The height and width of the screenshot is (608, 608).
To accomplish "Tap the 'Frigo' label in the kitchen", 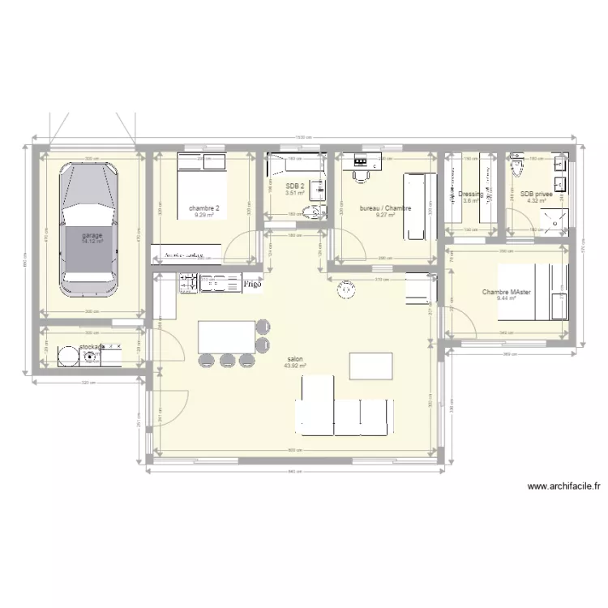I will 252,285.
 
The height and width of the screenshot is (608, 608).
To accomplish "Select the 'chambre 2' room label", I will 204,208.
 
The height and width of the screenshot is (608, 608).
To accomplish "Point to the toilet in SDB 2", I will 310,213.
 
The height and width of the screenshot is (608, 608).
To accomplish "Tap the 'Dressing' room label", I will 470,195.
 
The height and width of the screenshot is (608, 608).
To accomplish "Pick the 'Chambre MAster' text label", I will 507,293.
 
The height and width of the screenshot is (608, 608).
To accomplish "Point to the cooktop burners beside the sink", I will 188,283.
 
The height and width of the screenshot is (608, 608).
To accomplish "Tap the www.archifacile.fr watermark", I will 563,486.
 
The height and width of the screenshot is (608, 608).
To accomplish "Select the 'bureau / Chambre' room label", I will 386,208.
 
